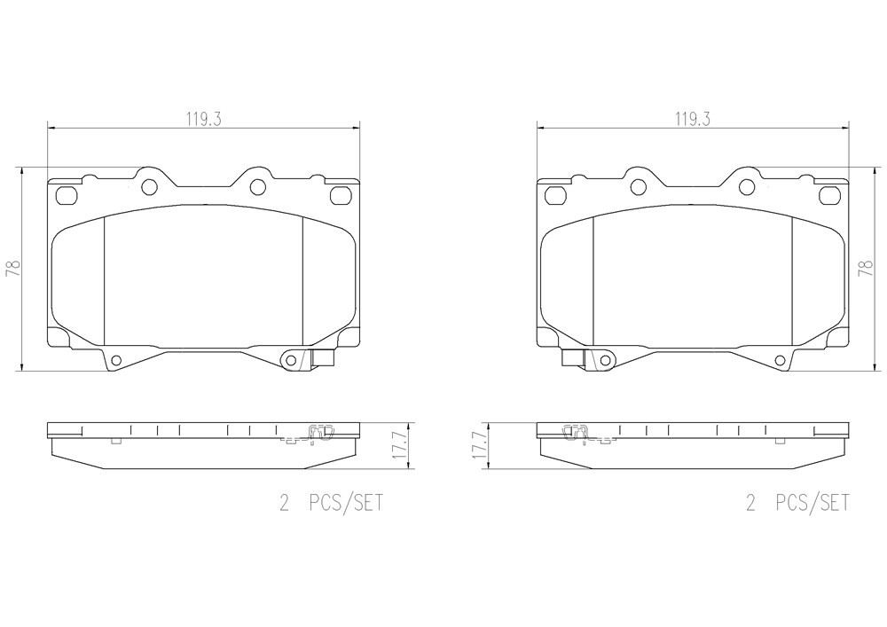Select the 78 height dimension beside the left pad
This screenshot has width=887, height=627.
(x=13, y=268)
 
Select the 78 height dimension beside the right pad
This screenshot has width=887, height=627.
(x=867, y=268)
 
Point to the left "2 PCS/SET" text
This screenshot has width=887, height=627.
(x=331, y=502)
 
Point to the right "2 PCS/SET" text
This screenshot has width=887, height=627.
(x=797, y=502)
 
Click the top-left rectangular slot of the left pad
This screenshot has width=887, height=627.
(x=67, y=195)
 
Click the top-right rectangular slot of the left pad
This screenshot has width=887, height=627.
(x=341, y=195)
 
